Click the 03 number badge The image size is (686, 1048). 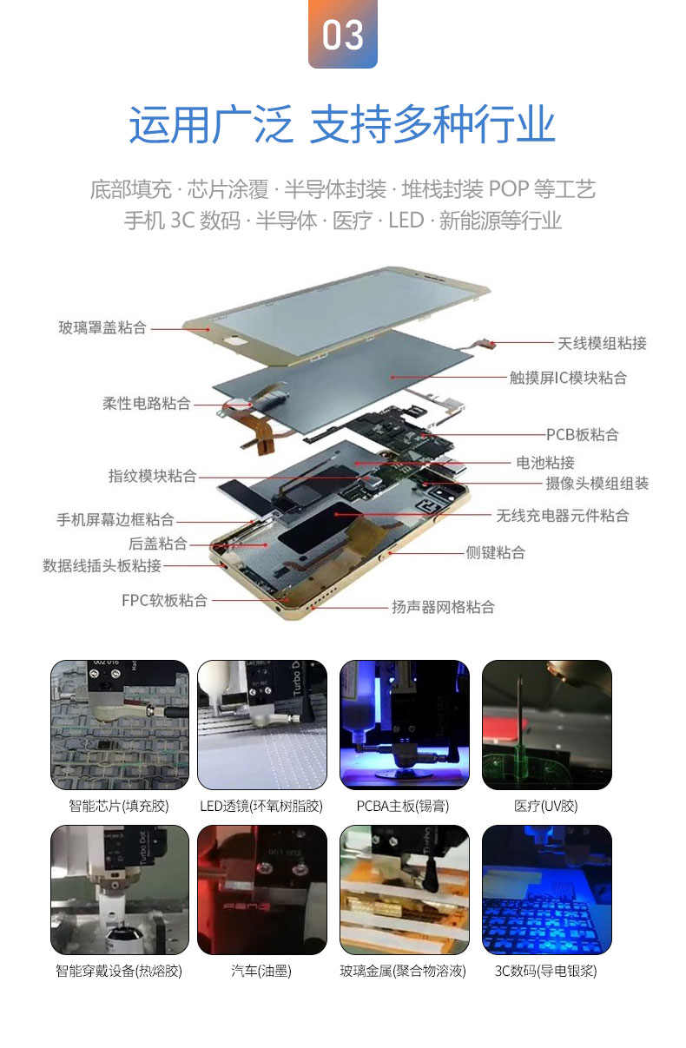[x=342, y=34]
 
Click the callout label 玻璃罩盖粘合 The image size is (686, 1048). [x=102, y=327]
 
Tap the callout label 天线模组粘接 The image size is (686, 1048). [x=602, y=344]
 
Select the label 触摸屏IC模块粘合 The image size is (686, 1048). [x=568, y=378]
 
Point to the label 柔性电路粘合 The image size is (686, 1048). [x=147, y=403]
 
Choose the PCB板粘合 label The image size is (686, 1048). [x=582, y=435]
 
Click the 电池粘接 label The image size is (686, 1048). [x=545, y=463]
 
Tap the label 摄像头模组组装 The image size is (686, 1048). [x=597, y=484]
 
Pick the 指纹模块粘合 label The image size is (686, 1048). [x=153, y=476]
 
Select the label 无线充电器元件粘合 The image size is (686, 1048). [x=563, y=516]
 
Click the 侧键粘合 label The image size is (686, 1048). [x=496, y=552]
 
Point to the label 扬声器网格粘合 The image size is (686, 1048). [x=443, y=607]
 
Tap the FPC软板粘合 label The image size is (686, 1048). [x=164, y=600]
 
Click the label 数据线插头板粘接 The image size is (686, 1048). [x=102, y=565]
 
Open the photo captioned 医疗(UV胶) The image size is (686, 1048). [x=546, y=725]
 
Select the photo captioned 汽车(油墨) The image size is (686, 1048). [x=262, y=889]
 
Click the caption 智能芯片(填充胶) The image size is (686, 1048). [x=119, y=806]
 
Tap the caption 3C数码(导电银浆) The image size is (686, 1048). [x=545, y=971]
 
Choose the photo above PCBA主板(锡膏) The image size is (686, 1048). [x=405, y=725]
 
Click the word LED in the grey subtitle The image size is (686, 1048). [x=406, y=221]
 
